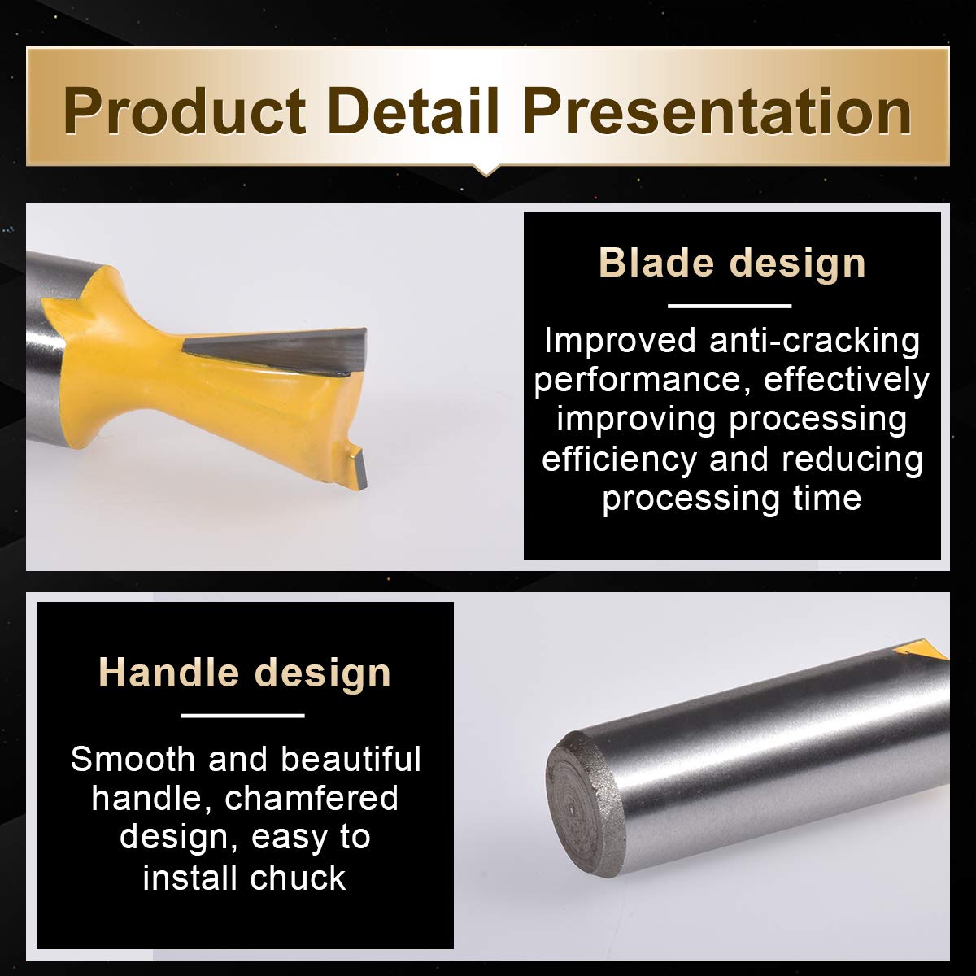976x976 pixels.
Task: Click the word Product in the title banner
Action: tap(185, 111)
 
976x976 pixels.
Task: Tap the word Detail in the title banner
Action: tap(414, 111)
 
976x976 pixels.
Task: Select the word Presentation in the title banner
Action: tap(717, 111)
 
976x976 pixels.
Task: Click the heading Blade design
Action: tap(732, 263)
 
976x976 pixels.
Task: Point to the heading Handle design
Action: tap(245, 673)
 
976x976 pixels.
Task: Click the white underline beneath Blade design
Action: tap(730, 306)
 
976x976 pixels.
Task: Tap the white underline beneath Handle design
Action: tap(242, 716)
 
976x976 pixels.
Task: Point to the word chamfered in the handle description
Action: tap(311, 798)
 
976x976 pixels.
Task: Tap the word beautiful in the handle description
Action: tap(351, 759)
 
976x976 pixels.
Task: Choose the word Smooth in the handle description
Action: tap(133, 760)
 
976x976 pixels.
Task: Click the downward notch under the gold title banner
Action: tap(486, 171)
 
